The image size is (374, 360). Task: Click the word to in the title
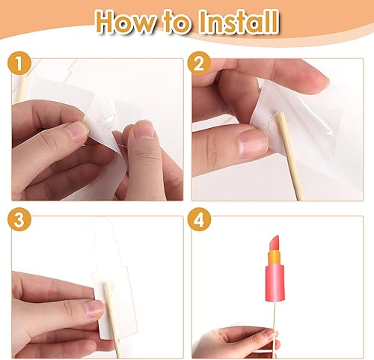pos(178,23)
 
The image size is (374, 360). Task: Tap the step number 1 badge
pos(19,64)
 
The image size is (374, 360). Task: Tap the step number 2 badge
pos(199,64)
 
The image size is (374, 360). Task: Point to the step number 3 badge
pos(19,219)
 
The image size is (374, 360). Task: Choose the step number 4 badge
pos(199,219)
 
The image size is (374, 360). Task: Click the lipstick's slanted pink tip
pos(275,243)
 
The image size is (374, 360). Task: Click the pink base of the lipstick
pos(275,283)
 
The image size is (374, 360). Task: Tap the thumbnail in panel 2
pos(253,144)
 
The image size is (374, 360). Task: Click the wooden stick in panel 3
pos(112,320)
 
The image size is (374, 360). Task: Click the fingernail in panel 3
pos(95,309)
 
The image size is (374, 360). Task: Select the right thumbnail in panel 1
pos(144,129)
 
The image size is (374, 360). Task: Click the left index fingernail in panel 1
pos(80,131)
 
